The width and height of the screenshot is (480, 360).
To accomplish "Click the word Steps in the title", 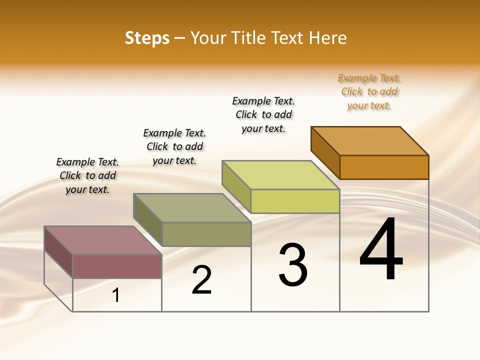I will (x=146, y=38).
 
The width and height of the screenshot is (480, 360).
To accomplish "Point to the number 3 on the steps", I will (x=292, y=265).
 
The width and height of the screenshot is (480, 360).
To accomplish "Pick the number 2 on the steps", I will (x=201, y=280).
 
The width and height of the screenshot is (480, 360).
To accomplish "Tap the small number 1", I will (x=116, y=295).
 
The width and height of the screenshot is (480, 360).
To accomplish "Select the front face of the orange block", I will (x=384, y=167).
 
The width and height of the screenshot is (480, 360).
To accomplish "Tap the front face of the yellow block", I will (x=295, y=201).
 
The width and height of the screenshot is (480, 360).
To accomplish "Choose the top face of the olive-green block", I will (x=192, y=207).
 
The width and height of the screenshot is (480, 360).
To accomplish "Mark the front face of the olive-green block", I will (x=206, y=234).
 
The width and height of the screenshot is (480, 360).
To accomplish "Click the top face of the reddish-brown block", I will (x=103, y=240).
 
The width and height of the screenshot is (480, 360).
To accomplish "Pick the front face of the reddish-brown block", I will (x=117, y=266).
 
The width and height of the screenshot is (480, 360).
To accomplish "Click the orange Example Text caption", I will (x=369, y=91).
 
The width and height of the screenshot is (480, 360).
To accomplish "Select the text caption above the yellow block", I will (x=263, y=114).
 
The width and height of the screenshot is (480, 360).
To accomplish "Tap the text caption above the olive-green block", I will (x=174, y=146).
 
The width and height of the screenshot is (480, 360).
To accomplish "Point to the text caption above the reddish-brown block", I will (x=87, y=175).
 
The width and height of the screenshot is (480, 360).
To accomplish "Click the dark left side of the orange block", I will (x=325, y=152).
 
